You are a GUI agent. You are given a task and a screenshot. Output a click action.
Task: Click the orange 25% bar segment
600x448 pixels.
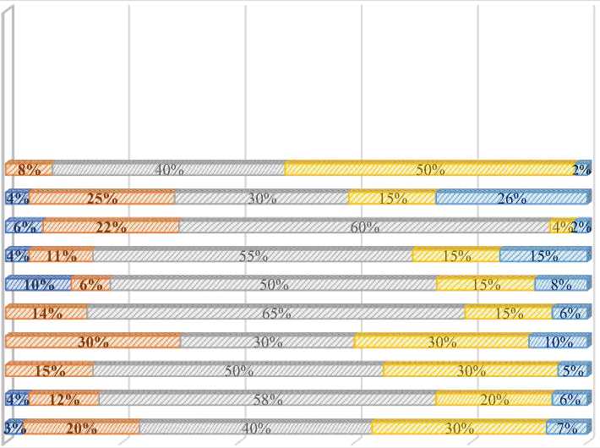(x=101, y=199)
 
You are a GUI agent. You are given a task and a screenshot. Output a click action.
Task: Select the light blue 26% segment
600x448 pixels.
(x=510, y=199)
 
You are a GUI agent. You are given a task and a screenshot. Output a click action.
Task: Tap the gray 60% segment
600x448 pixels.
(x=364, y=227)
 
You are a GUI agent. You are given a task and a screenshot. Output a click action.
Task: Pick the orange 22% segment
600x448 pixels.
(x=111, y=227)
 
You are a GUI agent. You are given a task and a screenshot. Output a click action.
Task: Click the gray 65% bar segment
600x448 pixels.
(x=275, y=313)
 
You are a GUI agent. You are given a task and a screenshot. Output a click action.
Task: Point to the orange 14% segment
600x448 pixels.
(x=46, y=313)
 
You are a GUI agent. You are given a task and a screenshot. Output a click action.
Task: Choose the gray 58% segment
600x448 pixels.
(x=266, y=399)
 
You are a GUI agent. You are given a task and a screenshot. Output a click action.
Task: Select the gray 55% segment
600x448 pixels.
(x=252, y=255)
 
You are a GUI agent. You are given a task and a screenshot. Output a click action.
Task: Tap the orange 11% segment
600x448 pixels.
(x=61, y=255)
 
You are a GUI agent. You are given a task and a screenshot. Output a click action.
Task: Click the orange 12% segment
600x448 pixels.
(x=64, y=399)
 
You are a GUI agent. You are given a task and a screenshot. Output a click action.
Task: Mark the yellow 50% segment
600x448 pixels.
(x=429, y=169)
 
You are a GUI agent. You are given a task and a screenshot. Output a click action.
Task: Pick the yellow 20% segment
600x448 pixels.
(x=494, y=399)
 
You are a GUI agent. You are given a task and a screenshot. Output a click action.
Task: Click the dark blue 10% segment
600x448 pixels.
(x=38, y=285)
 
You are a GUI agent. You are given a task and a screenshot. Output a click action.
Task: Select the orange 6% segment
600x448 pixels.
(x=90, y=285)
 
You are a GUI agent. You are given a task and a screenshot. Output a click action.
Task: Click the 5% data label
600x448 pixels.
(x=573, y=370)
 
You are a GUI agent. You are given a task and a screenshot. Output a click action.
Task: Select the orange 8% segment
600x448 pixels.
(x=29, y=169)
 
